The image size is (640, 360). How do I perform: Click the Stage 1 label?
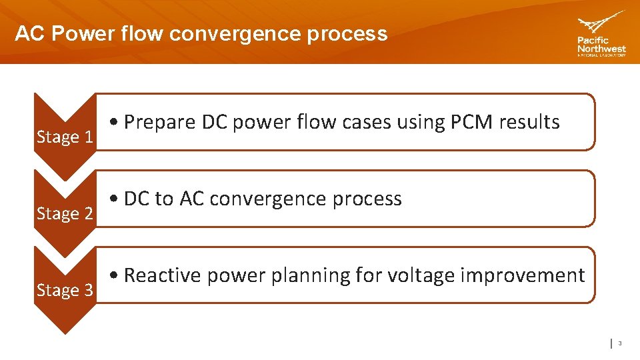65,137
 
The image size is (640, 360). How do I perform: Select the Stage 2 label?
65,214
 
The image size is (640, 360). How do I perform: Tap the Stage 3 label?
65,291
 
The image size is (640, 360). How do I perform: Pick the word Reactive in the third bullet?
163,275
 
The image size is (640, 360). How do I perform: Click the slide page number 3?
619,343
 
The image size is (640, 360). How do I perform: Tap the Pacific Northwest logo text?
601,46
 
